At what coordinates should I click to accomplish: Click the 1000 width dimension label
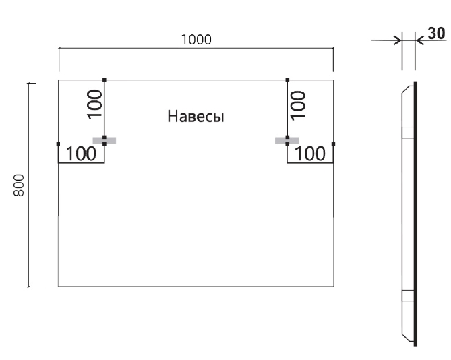tap(196, 39)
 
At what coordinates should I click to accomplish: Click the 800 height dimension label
tap(20, 184)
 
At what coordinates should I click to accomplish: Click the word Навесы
tap(196, 117)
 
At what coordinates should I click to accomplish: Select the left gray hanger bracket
tap(105, 140)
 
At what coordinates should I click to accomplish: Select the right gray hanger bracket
tap(286, 140)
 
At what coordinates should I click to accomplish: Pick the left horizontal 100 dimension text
tap(81, 154)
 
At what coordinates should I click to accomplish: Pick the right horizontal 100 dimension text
tap(310, 154)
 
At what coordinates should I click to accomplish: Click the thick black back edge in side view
tap(415, 216)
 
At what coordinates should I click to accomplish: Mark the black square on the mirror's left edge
tap(59, 144)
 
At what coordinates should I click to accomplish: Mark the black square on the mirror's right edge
tap(334, 144)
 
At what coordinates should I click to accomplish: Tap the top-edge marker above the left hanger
tap(104, 80)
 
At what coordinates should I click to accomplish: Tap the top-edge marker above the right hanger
tap(288, 80)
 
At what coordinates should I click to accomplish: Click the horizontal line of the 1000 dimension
tap(135, 49)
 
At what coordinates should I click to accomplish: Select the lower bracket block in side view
tap(407, 295)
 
